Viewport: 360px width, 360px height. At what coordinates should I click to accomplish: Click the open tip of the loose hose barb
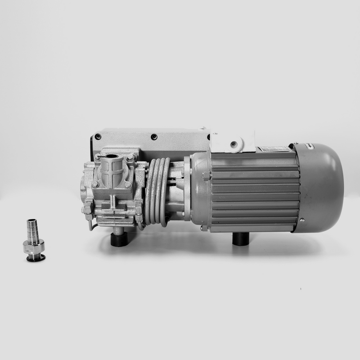(x=31, y=221)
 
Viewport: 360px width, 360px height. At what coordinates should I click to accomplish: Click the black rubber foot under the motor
(x=241, y=238)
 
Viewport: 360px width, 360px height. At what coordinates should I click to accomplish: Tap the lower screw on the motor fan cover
(x=302, y=220)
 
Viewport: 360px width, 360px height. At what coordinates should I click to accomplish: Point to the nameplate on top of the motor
(x=274, y=149)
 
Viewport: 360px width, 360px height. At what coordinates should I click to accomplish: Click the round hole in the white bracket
(x=233, y=144)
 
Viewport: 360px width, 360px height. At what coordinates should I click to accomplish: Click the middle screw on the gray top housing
(x=154, y=137)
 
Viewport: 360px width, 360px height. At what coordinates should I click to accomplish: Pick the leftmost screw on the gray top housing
(x=98, y=137)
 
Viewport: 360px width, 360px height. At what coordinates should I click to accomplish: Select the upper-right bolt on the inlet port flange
(x=130, y=158)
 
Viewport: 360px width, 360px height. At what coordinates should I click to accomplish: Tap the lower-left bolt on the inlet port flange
(x=95, y=184)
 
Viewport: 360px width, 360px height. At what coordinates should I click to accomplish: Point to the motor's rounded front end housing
(x=200, y=189)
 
